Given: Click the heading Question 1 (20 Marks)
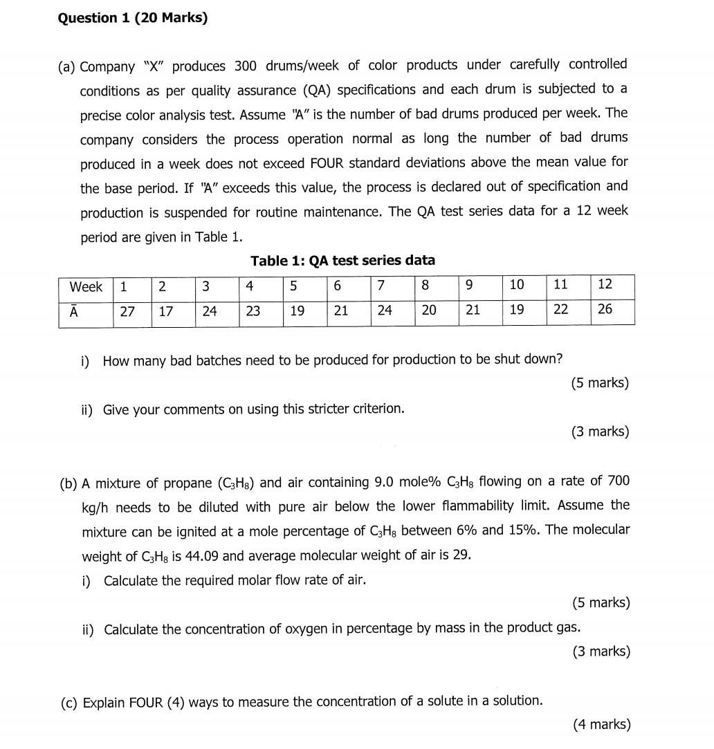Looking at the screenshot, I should (132, 18).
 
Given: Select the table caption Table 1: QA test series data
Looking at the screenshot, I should (342, 261).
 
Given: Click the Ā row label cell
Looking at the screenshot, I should (73, 311).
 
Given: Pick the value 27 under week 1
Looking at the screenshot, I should (127, 311).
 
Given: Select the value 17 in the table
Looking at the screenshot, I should (166, 311).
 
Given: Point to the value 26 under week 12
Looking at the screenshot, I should (605, 309).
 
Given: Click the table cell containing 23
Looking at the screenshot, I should (253, 311).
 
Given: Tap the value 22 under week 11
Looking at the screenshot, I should (560, 310).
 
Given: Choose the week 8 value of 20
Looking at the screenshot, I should (429, 311).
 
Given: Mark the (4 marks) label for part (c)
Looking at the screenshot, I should (601, 725).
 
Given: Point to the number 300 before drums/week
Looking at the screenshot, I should (245, 66).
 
